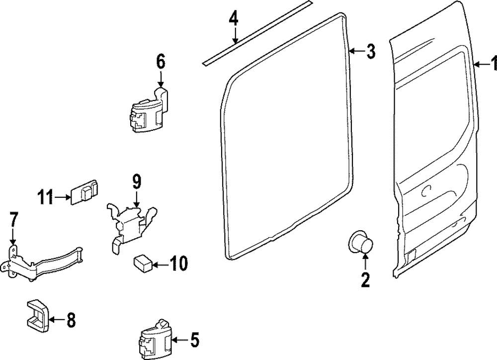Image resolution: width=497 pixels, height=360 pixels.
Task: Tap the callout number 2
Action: (365, 281)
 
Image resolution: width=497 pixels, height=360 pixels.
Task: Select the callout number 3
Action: (371, 51)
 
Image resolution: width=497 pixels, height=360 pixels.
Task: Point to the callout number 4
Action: (234, 19)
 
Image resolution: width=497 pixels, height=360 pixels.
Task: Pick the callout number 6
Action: (160, 62)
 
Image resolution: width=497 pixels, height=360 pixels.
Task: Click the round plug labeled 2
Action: (362, 244)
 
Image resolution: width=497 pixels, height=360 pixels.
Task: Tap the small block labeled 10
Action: (143, 263)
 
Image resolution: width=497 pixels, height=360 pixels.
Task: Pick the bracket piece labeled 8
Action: (37, 315)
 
